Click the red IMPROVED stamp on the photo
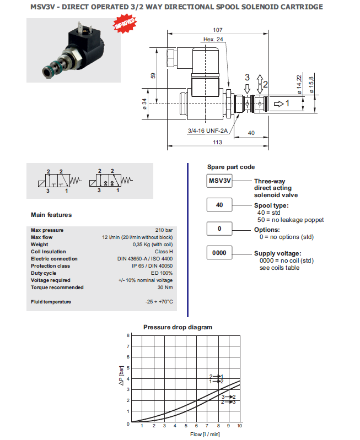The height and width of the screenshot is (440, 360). [125, 24]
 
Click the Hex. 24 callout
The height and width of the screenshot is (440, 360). [213, 39]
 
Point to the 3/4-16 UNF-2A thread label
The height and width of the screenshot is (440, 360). [208, 131]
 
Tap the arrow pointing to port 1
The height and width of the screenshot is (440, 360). [280, 103]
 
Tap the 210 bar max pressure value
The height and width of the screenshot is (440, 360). [164, 230]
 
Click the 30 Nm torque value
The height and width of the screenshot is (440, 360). [165, 287]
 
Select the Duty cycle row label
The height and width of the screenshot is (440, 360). [44, 273]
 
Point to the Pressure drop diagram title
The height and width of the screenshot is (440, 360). [178, 327]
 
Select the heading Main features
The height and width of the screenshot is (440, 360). [51, 215]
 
